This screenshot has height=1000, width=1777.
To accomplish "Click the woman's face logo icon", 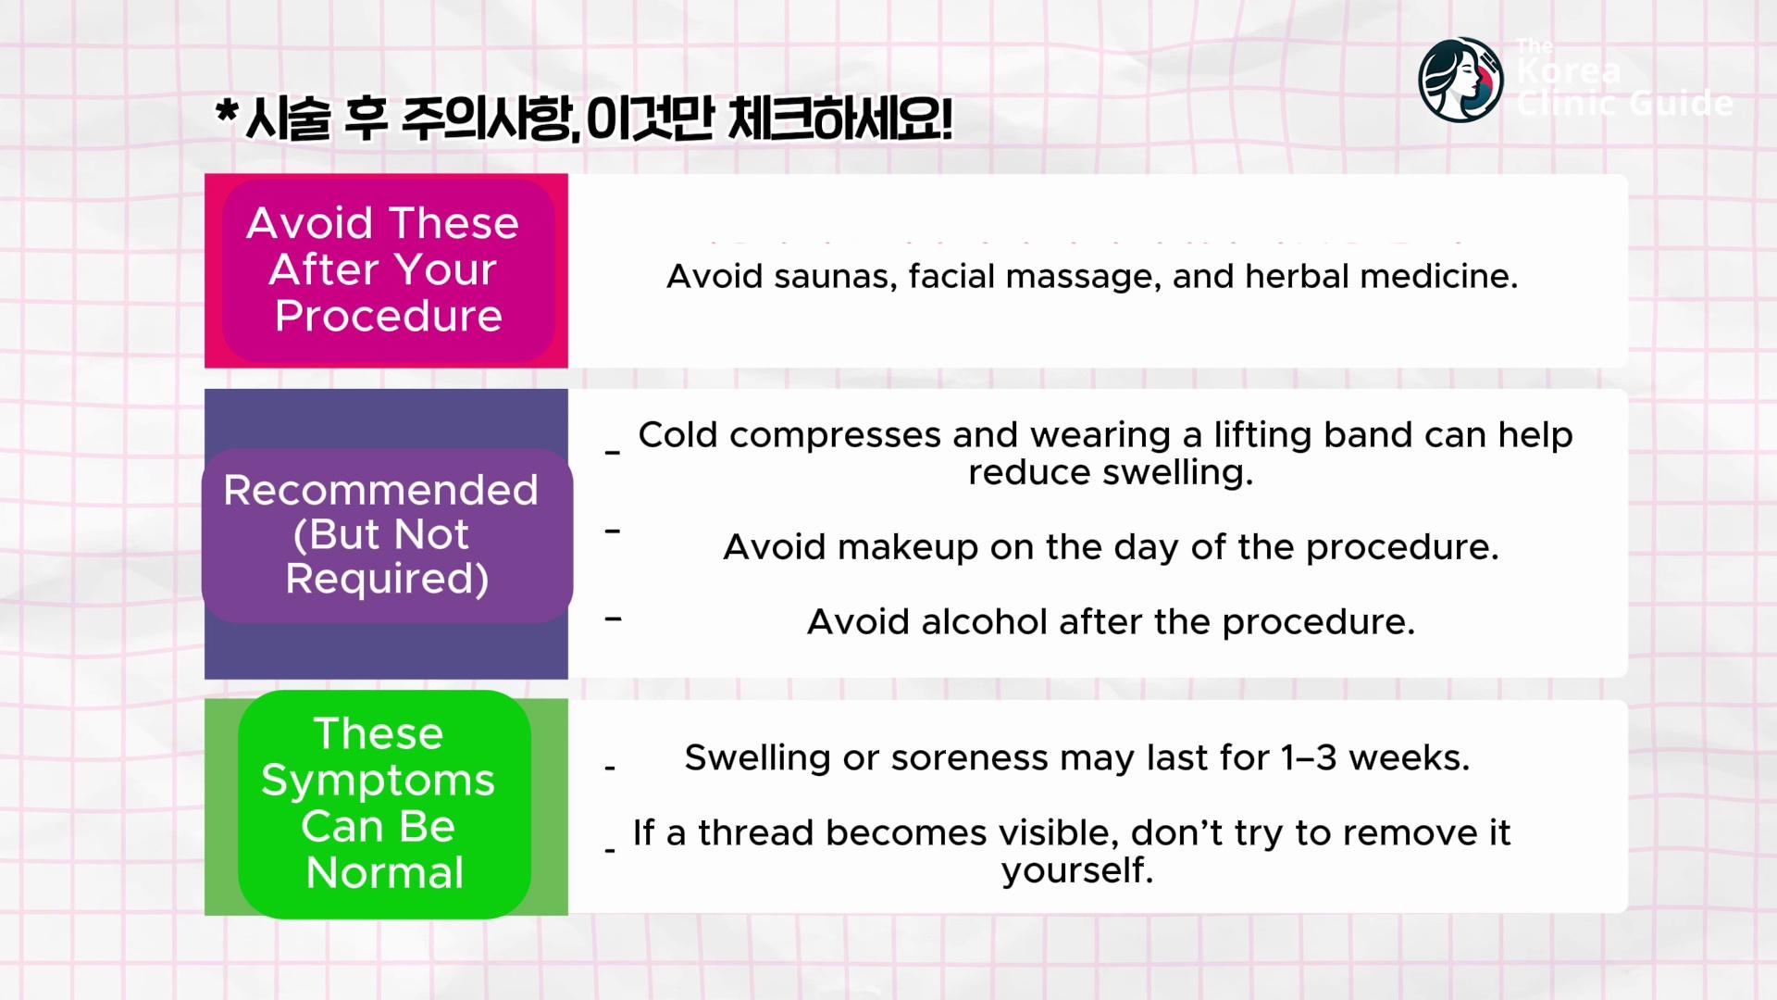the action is pos(1460,80).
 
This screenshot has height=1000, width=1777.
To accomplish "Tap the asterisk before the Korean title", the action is pos(227,114).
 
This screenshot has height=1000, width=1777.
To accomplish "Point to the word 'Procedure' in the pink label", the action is pos(389,316).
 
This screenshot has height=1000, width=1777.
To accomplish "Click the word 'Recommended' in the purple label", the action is pos(380,490).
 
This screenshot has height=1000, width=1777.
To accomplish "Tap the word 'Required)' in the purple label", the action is pos(387,579).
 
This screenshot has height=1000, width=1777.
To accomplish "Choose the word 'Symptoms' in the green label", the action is pos(378,781).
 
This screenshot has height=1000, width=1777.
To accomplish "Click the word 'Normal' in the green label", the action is pos(385,872).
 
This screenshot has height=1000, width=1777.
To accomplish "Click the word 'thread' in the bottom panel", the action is pos(752,832).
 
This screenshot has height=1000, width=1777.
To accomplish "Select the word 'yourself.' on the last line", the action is pos(1077,870).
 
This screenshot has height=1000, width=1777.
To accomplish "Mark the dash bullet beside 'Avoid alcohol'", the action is pos(613,619).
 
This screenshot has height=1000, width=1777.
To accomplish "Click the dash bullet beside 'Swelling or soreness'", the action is pos(610,768).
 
